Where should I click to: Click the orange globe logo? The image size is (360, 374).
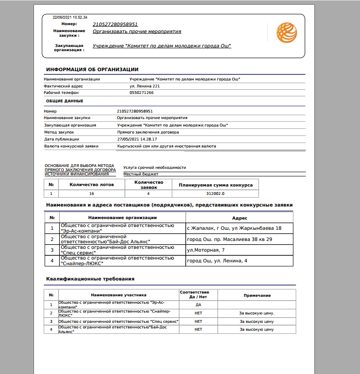[x=286, y=33]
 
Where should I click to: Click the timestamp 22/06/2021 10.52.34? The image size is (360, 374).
[x=67, y=18]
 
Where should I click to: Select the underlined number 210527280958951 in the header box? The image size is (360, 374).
[x=115, y=24]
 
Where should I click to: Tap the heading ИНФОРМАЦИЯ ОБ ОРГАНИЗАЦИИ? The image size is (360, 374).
[x=92, y=69]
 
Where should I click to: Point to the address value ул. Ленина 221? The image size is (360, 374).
[x=144, y=86]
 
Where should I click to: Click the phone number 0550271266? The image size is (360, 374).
[x=142, y=93]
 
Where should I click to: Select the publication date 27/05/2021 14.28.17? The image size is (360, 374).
[x=138, y=139]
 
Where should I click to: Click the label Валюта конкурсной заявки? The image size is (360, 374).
[x=71, y=146]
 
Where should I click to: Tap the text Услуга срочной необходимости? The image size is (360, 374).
[x=155, y=167]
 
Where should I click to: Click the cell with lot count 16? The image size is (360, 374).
[x=92, y=194]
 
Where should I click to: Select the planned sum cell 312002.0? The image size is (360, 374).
[x=215, y=194]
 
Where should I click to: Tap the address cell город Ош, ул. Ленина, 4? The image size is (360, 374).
[x=217, y=260]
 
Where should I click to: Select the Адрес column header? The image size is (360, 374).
[x=239, y=218]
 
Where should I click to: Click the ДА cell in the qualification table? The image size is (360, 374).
[x=198, y=305]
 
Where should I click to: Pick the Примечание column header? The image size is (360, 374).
[x=257, y=295]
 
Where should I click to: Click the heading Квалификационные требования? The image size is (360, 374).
[x=90, y=279]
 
